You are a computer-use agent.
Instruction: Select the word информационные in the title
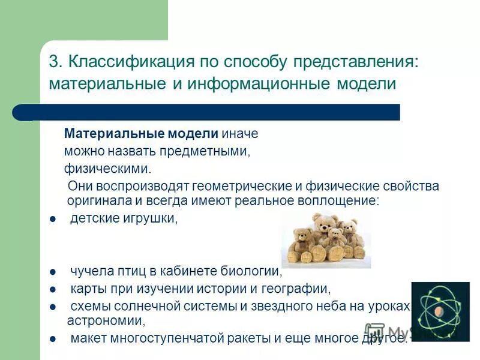point(258,83)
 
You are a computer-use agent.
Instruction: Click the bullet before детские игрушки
point(53,220)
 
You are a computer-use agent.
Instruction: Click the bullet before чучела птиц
point(53,273)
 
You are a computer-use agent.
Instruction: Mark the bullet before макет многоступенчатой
point(53,340)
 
